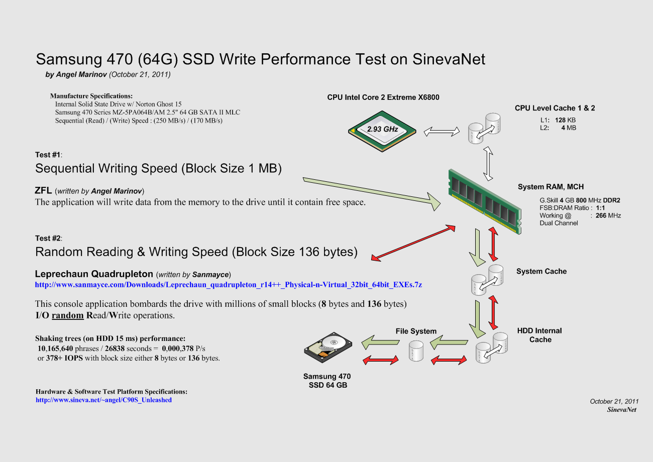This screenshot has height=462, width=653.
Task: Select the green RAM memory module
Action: coord(483,200)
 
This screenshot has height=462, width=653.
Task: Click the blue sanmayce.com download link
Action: coord(228,285)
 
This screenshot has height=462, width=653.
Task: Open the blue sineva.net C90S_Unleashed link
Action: coord(103,400)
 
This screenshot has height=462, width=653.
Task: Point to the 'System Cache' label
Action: coord(541,272)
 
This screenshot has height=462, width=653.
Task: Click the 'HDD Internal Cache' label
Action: coord(539,335)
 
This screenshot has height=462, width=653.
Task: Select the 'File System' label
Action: coord(416,331)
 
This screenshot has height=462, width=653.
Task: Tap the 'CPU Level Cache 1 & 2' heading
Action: coord(555,108)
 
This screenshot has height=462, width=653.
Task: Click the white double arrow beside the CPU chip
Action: coord(442,132)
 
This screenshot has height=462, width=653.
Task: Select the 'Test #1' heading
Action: coord(48,155)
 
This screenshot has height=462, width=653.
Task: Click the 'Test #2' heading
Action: coord(48,238)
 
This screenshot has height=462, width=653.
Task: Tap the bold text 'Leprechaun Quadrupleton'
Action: coord(94,274)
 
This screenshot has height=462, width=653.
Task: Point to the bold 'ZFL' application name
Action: coord(43,191)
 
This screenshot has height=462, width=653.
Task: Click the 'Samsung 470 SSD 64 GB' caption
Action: coord(327,381)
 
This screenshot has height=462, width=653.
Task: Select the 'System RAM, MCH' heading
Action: coord(551,187)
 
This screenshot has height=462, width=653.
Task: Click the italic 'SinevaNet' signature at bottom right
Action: coord(621,409)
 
